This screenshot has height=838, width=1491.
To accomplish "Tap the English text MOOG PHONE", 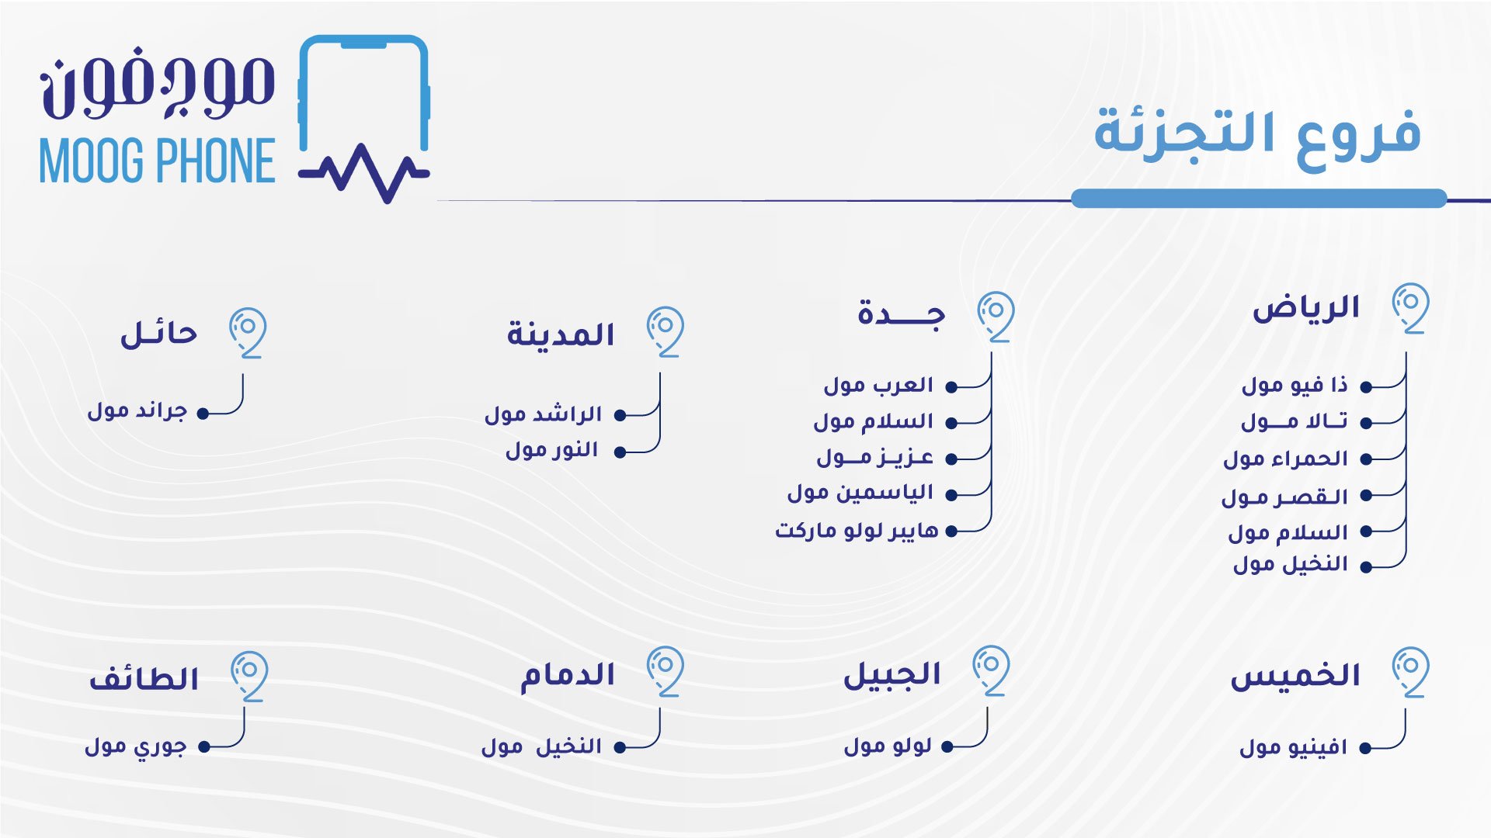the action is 158,161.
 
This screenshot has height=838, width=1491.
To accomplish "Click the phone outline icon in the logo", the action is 363,116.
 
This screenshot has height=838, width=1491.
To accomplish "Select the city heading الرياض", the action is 1305,309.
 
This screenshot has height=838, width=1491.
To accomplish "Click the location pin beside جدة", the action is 996,317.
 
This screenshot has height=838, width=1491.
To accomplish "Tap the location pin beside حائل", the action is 248,333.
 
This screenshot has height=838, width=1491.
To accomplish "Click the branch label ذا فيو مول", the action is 1295,386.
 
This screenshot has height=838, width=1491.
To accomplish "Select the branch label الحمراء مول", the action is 1285,459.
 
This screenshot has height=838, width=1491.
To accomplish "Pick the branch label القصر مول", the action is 1284,497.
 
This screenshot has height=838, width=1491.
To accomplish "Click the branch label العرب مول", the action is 878,386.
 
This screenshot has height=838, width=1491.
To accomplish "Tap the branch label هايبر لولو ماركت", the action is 857,531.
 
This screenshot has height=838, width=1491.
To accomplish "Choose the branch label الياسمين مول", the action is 860,493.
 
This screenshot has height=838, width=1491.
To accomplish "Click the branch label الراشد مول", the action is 544,414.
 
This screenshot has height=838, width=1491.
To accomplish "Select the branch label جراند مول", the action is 137,410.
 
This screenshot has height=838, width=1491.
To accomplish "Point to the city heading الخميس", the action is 1295,676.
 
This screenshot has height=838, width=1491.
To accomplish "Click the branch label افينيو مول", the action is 1294,747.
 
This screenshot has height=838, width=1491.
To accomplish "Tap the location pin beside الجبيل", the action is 992,670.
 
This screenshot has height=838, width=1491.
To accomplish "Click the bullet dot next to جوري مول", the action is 204,747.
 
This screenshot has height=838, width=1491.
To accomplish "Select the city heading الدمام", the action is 568,675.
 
